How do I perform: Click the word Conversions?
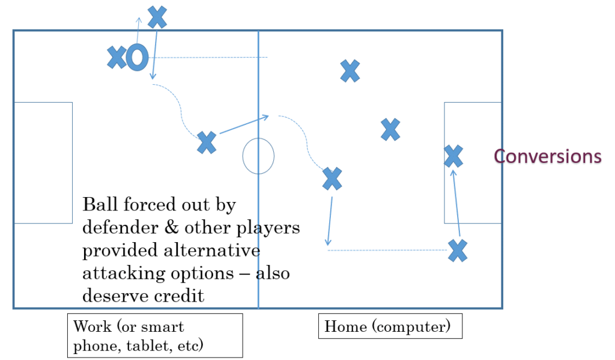click(547, 156)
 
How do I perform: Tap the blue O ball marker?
click(138, 58)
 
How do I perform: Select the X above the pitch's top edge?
click(157, 17)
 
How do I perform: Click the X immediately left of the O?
click(117, 58)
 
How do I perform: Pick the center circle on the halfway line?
click(258, 156)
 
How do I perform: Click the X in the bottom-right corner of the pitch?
click(458, 250)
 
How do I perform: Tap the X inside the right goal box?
click(453, 156)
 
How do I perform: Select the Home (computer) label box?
click(390, 327)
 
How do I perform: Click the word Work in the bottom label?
click(92, 327)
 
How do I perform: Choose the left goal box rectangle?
click(43, 162)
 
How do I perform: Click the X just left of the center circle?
click(207, 142)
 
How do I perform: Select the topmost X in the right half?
click(350, 71)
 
